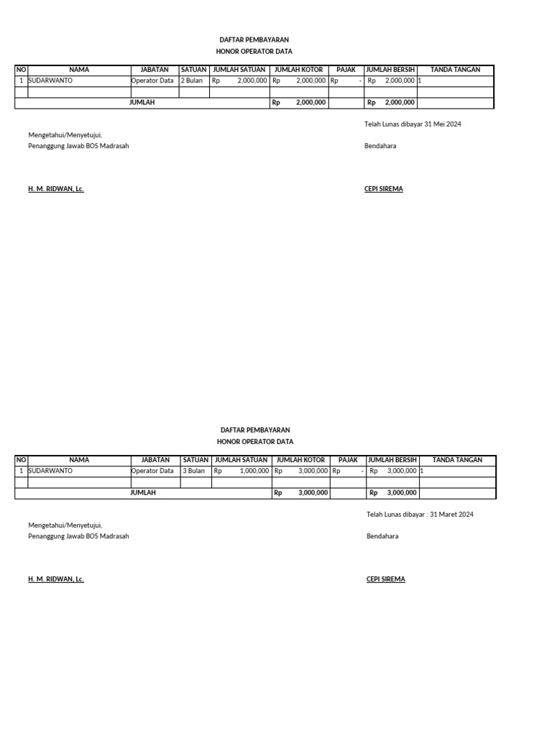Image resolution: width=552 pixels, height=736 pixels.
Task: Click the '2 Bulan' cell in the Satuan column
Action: [x=192, y=81]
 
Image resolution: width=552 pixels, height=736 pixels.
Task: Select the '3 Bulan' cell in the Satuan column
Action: [x=193, y=471]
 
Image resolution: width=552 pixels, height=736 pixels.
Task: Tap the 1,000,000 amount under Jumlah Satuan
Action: [x=254, y=471]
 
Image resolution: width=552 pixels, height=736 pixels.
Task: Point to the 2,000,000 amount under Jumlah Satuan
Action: [x=252, y=81]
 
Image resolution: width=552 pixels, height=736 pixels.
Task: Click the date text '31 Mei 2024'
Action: [x=443, y=124]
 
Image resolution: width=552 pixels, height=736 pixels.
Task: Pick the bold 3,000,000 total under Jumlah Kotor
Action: [x=313, y=493]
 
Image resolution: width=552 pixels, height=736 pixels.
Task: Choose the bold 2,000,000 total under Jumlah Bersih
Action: [x=399, y=103]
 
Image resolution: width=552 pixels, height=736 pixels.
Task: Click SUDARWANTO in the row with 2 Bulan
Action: [x=50, y=81]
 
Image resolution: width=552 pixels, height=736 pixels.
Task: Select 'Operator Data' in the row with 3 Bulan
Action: [x=152, y=471]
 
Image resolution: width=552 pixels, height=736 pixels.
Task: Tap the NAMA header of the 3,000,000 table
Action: [x=80, y=460]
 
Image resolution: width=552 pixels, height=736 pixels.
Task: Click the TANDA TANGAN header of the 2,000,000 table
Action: [x=455, y=70]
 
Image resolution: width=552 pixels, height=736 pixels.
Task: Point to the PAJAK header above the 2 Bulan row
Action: [x=346, y=70]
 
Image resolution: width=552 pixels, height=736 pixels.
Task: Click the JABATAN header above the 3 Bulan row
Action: [x=155, y=460]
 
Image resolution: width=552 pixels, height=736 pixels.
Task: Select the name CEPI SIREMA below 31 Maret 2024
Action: [x=386, y=579]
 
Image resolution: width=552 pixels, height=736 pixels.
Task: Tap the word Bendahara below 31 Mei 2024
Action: [x=381, y=146]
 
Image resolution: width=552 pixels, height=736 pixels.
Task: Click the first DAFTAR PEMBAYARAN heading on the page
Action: [x=254, y=40]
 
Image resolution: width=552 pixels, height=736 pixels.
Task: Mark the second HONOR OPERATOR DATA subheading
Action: [x=255, y=442]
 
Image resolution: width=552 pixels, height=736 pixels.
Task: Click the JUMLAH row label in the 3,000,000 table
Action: [x=143, y=493]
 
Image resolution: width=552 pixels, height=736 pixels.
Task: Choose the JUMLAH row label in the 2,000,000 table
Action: [x=142, y=103]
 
